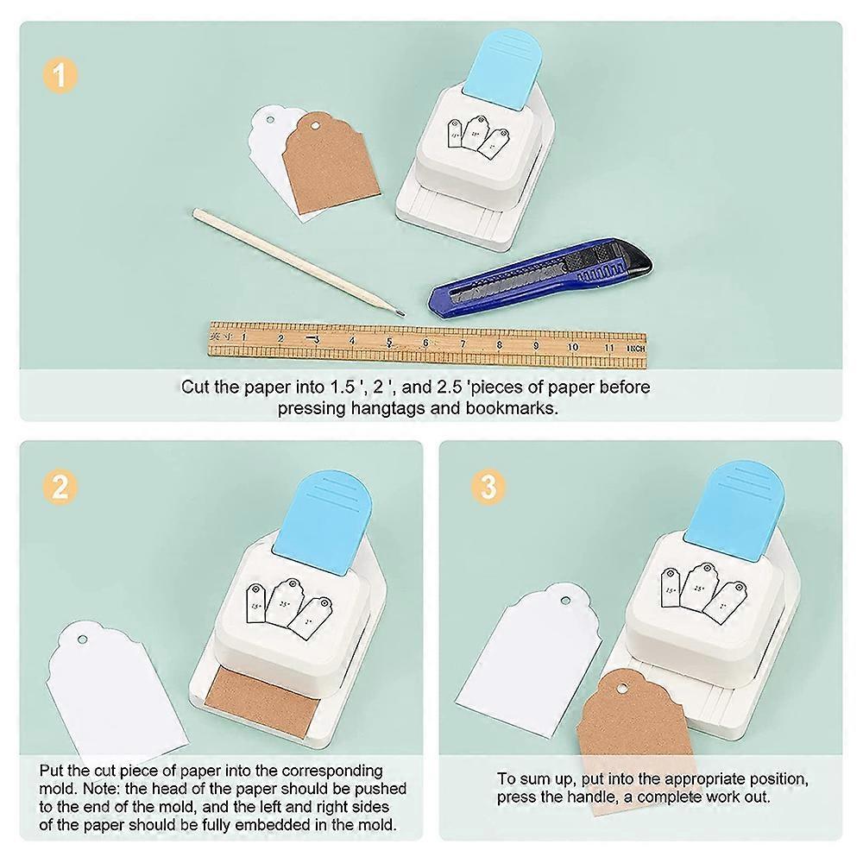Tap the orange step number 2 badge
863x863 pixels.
click(x=59, y=488)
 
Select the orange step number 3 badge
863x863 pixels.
click(x=488, y=488)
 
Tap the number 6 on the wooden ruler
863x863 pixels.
click(x=425, y=342)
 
